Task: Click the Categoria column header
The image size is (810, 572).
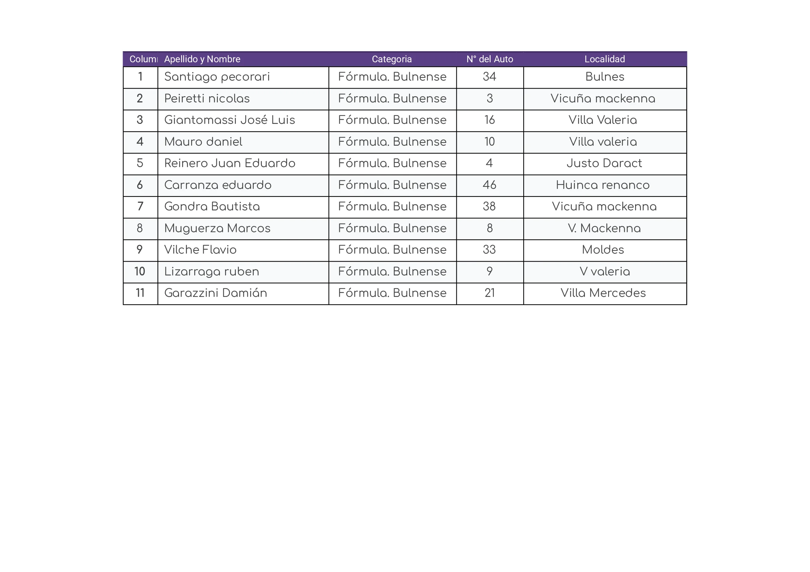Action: point(392,59)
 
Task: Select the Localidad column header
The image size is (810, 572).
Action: point(604,59)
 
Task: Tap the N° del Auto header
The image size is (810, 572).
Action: point(489,59)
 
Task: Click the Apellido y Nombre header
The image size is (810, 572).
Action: point(202,59)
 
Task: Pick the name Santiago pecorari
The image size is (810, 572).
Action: point(217,77)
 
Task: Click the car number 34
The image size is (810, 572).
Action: point(489,77)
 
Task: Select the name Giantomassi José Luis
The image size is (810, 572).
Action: point(230,120)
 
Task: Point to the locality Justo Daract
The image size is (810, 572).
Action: point(604,163)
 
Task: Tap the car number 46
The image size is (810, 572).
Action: point(489,185)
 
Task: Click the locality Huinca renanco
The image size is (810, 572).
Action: point(603,185)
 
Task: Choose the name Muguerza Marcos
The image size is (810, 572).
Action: point(217,228)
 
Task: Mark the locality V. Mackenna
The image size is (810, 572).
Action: point(604,228)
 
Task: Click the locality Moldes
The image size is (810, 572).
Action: point(603,250)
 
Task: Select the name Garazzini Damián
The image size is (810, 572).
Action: point(215,293)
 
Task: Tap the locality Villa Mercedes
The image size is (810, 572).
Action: point(603,293)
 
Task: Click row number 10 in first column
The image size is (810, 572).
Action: point(140,271)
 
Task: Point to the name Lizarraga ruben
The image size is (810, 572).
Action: point(212,272)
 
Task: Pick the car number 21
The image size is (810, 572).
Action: point(489,293)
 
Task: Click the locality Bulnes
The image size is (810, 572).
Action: point(604,77)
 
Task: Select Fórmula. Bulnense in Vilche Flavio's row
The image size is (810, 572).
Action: point(392,250)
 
